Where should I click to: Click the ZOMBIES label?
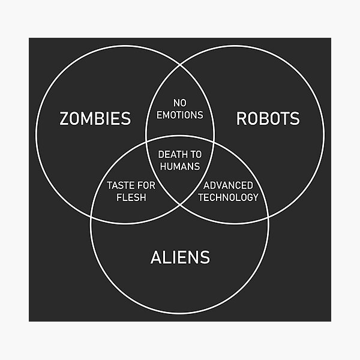[x=95, y=119]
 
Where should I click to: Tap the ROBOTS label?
[x=268, y=119]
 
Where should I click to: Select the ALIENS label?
[x=180, y=258]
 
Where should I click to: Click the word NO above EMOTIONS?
[x=180, y=103]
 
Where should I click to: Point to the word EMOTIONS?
[x=180, y=115]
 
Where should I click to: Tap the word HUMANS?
[x=180, y=166]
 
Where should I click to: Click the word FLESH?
[x=131, y=197]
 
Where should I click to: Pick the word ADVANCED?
[x=228, y=185]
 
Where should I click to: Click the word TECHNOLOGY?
[x=228, y=197]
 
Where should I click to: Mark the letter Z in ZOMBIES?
[x=65, y=119]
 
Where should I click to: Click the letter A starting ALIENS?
[x=155, y=258]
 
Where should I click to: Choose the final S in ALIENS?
[x=205, y=258]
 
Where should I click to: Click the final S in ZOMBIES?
[x=126, y=119]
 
